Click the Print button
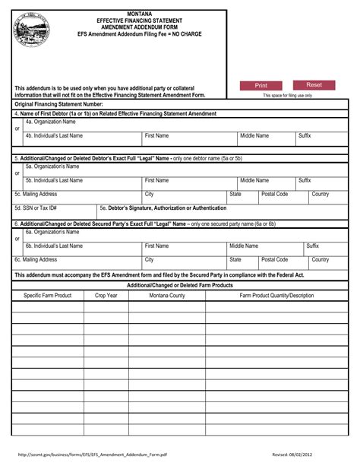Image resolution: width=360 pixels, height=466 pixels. [x=261, y=86]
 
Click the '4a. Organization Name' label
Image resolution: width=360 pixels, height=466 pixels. [x=50, y=122]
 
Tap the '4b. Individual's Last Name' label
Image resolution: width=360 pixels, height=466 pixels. [x=54, y=136]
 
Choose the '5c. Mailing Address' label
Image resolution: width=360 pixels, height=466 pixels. [x=36, y=195]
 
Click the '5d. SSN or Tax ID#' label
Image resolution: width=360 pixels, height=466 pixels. [x=36, y=208]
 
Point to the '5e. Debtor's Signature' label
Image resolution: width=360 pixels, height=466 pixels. [x=163, y=208]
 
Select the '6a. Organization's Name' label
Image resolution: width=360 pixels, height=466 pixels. [x=53, y=233]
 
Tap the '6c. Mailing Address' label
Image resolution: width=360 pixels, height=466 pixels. [x=36, y=260]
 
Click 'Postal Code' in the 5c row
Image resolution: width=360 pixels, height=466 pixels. [x=274, y=195]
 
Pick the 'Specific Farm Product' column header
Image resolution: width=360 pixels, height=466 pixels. [x=48, y=295]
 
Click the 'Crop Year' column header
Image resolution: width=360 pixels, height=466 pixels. [x=106, y=295]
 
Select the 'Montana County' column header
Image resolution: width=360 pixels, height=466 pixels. [x=166, y=295]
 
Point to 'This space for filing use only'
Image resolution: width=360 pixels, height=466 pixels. [x=287, y=96]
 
